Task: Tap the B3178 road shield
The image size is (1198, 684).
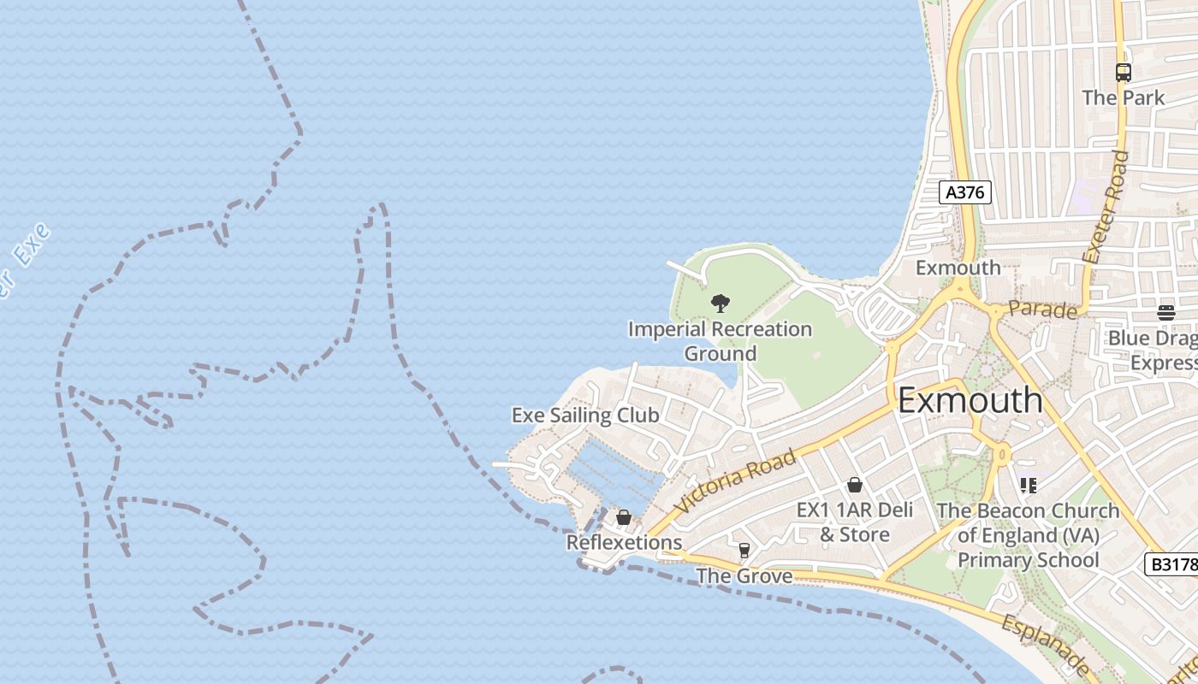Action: point(1170,564)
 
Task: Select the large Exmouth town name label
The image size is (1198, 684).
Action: point(970,400)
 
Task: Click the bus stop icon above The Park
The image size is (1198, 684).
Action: point(1124,73)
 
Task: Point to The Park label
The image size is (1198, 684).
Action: point(1123,97)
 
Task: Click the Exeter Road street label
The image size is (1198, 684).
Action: point(1106,207)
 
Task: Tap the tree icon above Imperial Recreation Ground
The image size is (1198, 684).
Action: point(721,303)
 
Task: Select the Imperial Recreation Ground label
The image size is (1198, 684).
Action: point(720,341)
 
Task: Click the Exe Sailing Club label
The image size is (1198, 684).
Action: point(585,416)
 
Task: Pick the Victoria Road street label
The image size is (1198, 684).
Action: point(736,481)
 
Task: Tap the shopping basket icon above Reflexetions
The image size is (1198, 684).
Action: point(624,517)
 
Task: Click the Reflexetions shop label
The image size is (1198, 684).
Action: point(624,542)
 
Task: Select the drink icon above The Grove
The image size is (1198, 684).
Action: point(744,550)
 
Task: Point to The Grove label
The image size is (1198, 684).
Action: point(744,575)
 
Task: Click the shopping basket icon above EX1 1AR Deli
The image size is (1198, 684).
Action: point(854,486)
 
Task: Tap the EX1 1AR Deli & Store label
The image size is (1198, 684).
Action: point(855,522)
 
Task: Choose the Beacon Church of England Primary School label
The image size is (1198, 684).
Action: point(1028,535)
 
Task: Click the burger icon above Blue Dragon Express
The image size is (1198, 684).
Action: point(1166,313)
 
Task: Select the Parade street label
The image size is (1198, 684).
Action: point(1042,310)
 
